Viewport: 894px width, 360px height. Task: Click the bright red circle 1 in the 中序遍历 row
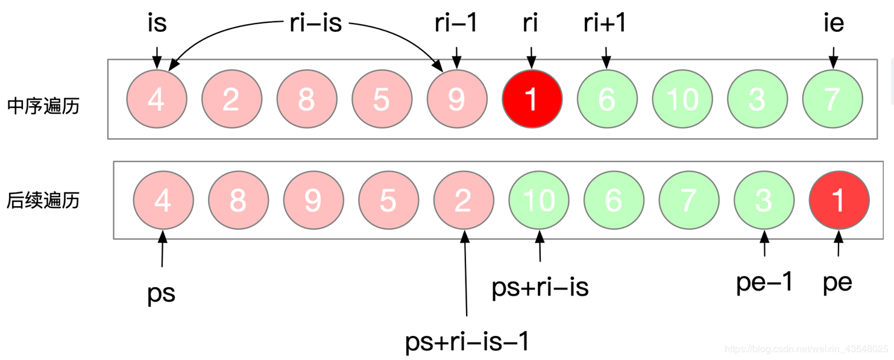point(532,99)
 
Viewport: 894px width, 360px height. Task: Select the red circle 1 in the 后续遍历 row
point(839,200)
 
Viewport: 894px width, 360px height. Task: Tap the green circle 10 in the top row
point(682,99)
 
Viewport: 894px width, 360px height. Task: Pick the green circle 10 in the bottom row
point(539,200)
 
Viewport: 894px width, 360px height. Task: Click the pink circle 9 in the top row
point(456,99)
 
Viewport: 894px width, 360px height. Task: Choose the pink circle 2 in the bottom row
point(463,200)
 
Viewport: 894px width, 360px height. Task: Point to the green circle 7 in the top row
point(832,99)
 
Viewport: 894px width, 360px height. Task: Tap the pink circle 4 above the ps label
point(163,200)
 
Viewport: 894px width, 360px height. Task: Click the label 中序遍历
point(43,106)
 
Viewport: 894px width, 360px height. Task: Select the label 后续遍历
point(43,200)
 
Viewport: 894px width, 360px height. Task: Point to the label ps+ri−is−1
point(467,342)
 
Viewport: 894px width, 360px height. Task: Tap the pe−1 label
point(764,282)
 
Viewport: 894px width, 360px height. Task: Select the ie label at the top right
point(833,24)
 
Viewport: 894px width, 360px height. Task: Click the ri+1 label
point(605,24)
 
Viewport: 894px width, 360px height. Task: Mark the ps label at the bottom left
point(162,293)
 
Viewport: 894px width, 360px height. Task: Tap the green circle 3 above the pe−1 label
point(764,200)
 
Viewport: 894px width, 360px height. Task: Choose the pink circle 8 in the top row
point(306,99)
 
